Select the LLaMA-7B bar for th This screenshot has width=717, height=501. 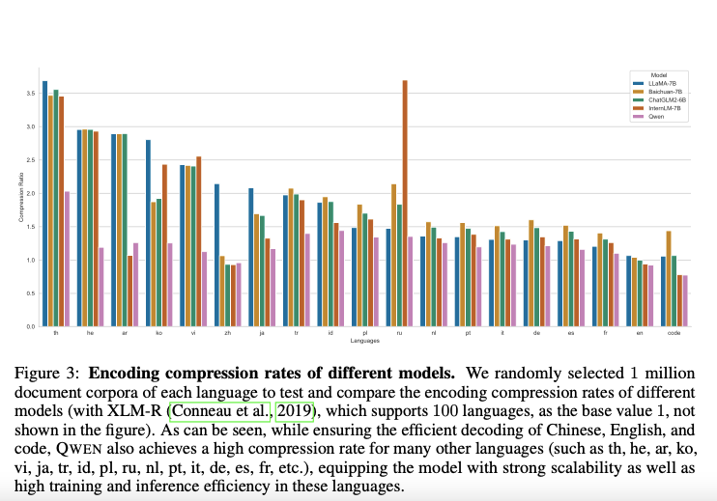(x=44, y=204)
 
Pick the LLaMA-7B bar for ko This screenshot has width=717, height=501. (x=149, y=233)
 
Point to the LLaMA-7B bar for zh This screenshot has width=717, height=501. (x=217, y=255)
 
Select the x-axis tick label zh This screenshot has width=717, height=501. (x=227, y=334)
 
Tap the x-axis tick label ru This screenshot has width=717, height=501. (x=398, y=334)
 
